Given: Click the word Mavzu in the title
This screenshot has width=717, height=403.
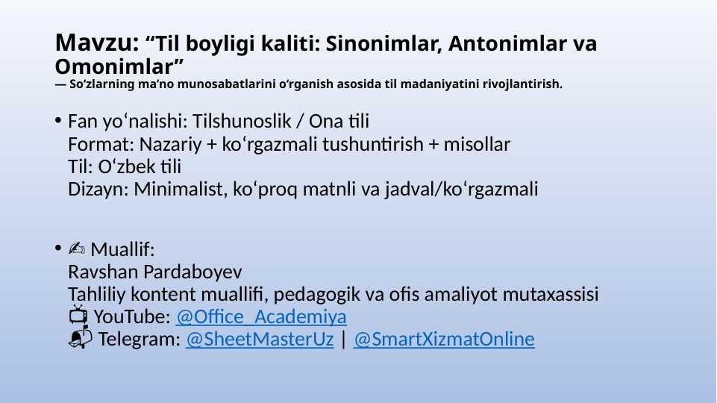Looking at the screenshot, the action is pyautogui.click(x=96, y=43).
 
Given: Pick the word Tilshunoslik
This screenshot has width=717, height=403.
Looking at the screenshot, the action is pyautogui.click(x=242, y=121).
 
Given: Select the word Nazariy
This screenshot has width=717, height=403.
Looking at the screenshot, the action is pyautogui.click(x=170, y=145).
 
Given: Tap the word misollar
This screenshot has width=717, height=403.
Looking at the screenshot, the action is pyautogui.click(x=477, y=144).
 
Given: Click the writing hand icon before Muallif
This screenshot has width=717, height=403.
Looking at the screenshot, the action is pyautogui.click(x=76, y=249).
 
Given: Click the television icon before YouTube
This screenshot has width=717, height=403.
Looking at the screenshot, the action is pyautogui.click(x=78, y=315).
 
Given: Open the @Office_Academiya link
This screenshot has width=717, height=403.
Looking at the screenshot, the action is pyautogui.click(x=261, y=316).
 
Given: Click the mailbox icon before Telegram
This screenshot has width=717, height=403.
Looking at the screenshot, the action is pyautogui.click(x=80, y=337).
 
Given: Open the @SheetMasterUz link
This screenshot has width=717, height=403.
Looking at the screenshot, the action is pyautogui.click(x=260, y=339).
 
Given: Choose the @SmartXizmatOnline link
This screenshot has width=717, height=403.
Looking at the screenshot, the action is pyautogui.click(x=443, y=339).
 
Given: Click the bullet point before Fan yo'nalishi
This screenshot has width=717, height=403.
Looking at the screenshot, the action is pyautogui.click(x=58, y=120).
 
